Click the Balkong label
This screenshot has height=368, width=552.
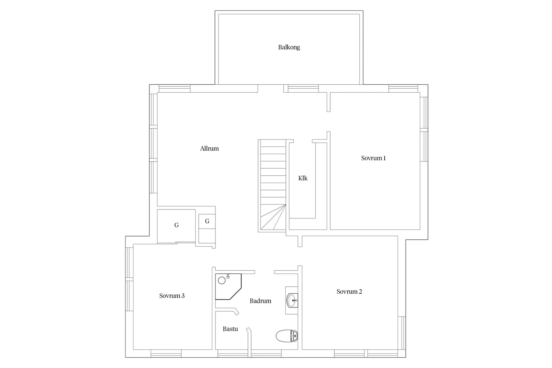tap(289, 47)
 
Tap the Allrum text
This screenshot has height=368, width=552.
tap(209, 149)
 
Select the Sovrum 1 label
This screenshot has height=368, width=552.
tap(373, 158)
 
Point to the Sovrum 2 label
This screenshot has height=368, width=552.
tap(349, 292)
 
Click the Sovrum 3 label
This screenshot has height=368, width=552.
tap(172, 296)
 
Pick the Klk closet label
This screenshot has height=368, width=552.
tap(303, 178)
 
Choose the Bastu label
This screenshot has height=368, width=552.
tap(230, 329)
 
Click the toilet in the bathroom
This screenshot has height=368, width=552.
tap(287, 336)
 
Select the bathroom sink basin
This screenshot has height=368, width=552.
tap(292, 300)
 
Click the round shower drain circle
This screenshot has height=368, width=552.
tap(221, 280)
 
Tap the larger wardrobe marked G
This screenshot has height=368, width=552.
tap(176, 225)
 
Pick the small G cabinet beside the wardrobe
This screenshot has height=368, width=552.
tap(207, 221)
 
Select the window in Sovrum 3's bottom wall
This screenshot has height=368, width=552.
tap(166, 353)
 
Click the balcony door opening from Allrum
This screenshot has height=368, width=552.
tap(271, 88)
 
